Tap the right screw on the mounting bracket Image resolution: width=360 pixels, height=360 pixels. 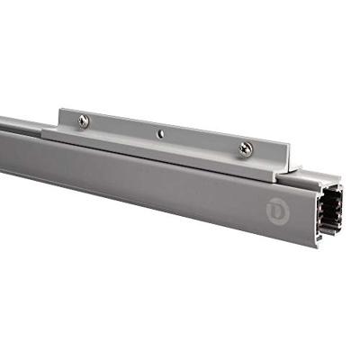click(x=245, y=150)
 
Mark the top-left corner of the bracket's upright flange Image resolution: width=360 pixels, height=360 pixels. click(x=60, y=110)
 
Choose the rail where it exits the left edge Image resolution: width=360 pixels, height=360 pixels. click(x=4, y=144)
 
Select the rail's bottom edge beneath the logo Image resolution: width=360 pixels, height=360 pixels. click(x=270, y=236)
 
